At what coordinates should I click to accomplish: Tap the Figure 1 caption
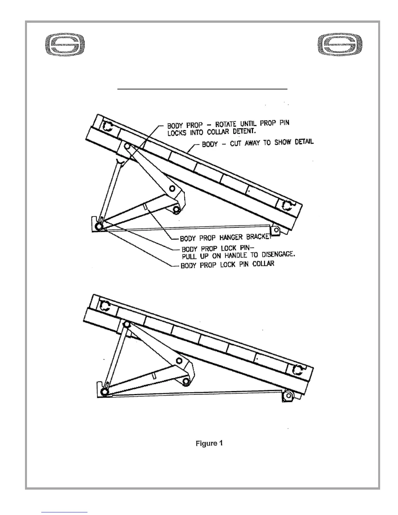tap(209, 443)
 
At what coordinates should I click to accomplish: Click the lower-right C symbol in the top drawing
tap(286, 205)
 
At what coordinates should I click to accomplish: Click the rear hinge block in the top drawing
tap(275, 231)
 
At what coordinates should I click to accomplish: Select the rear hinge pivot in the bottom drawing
tap(288, 396)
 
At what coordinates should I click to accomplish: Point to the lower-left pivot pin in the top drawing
tap(98, 226)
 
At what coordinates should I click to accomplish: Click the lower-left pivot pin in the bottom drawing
tap(105, 392)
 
